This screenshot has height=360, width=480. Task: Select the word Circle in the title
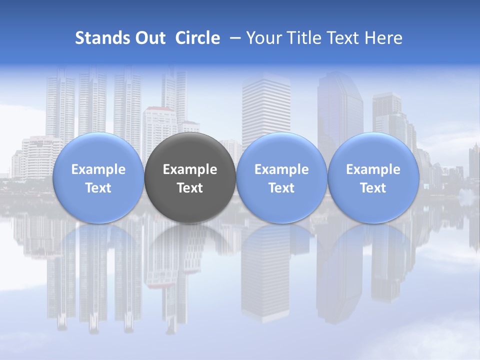(x=197, y=38)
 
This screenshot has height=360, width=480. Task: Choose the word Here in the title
(x=384, y=38)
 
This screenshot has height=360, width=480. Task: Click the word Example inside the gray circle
(x=190, y=170)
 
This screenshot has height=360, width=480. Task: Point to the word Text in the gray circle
(x=190, y=188)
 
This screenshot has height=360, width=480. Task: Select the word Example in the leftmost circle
(x=98, y=170)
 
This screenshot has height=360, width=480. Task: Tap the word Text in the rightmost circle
(x=373, y=188)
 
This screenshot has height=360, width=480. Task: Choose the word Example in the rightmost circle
(x=373, y=170)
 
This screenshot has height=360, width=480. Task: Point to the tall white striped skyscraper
(x=266, y=110)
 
